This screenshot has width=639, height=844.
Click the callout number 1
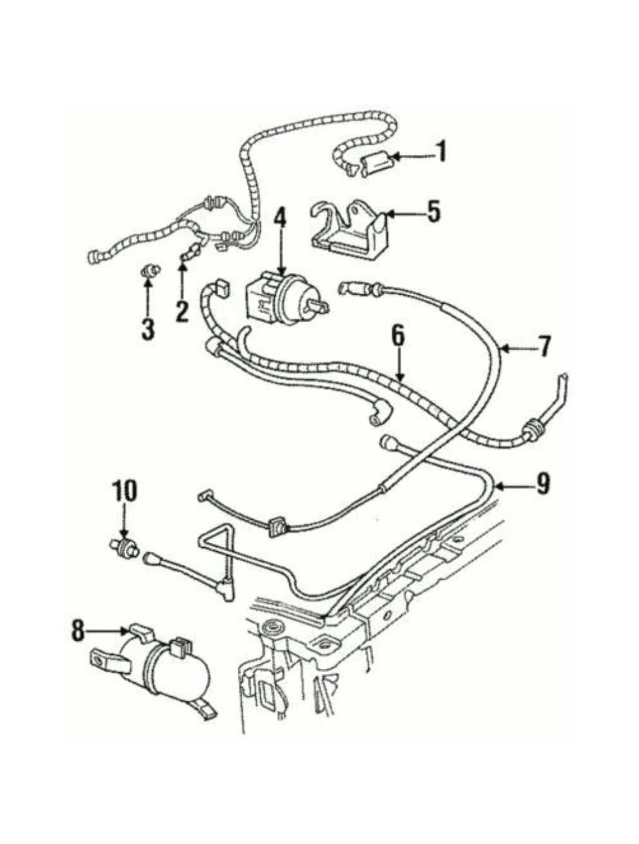point(442,153)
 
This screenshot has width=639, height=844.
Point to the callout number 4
point(282,223)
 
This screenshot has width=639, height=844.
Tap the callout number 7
point(543,347)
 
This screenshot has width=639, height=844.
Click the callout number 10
point(124,490)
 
